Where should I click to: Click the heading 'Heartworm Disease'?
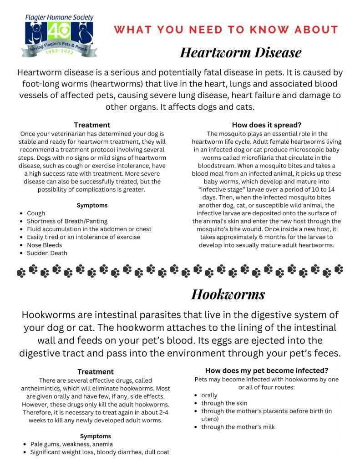click(240, 52)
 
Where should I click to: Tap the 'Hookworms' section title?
click(228, 294)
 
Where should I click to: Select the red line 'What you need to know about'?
click(226, 30)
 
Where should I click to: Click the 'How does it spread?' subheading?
click(266, 125)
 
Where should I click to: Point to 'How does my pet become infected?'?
click(266, 370)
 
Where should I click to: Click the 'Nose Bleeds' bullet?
click(44, 245)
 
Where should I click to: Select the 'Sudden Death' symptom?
click(47, 253)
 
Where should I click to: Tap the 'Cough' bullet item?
click(36, 213)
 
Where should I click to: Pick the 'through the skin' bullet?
click(224, 403)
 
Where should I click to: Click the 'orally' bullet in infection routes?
click(209, 395)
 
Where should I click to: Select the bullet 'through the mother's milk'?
click(238, 427)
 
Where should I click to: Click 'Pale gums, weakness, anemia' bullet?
click(71, 444)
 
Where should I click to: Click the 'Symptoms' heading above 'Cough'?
click(92, 205)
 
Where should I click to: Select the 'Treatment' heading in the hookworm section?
click(96, 372)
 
